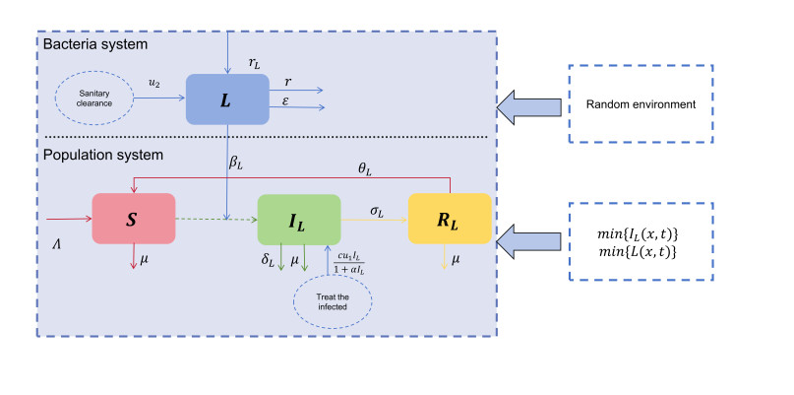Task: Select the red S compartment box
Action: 133,219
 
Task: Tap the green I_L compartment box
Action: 299,219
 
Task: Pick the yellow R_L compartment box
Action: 450,219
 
